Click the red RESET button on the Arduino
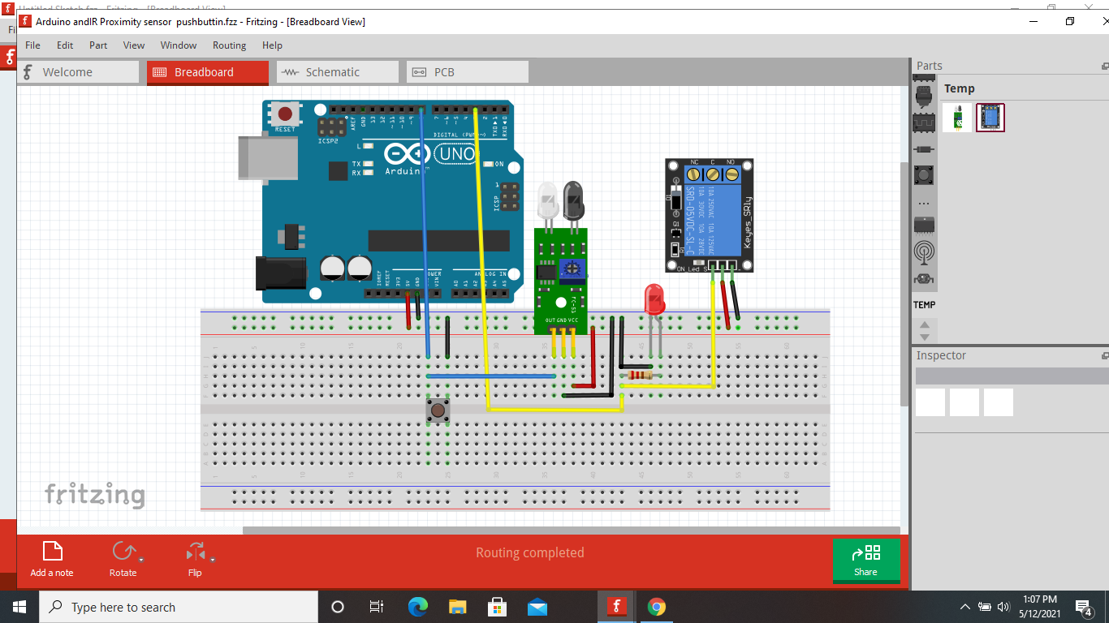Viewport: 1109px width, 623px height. tap(285, 115)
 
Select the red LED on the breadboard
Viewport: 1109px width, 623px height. tap(654, 299)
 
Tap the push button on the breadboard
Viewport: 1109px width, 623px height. tap(438, 410)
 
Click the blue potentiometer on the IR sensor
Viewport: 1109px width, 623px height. tap(574, 268)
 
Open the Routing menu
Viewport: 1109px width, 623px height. tap(229, 45)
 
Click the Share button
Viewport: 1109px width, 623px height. tap(865, 560)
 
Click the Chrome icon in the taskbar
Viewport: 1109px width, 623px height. tap(657, 607)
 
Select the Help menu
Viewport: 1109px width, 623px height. tap(272, 45)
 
